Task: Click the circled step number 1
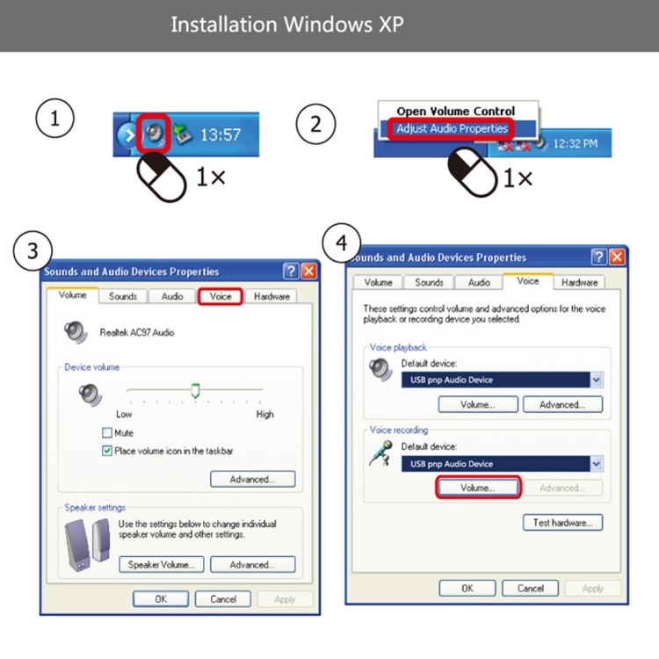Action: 54,118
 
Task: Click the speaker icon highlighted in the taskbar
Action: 154,134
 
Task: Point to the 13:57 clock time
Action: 221,135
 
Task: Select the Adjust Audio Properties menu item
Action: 452,128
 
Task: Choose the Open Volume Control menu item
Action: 455,111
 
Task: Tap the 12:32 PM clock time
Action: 575,144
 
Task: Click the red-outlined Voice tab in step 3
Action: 221,296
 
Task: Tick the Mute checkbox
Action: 107,432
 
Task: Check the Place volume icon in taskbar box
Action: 107,451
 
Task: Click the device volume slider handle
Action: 195,390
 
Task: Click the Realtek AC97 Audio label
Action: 136,332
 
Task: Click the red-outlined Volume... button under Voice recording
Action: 478,488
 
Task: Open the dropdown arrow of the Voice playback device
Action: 596,380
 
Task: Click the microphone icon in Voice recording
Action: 381,453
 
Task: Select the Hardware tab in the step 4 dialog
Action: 579,282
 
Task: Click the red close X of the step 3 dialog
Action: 309,272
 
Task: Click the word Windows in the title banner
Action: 329,25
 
